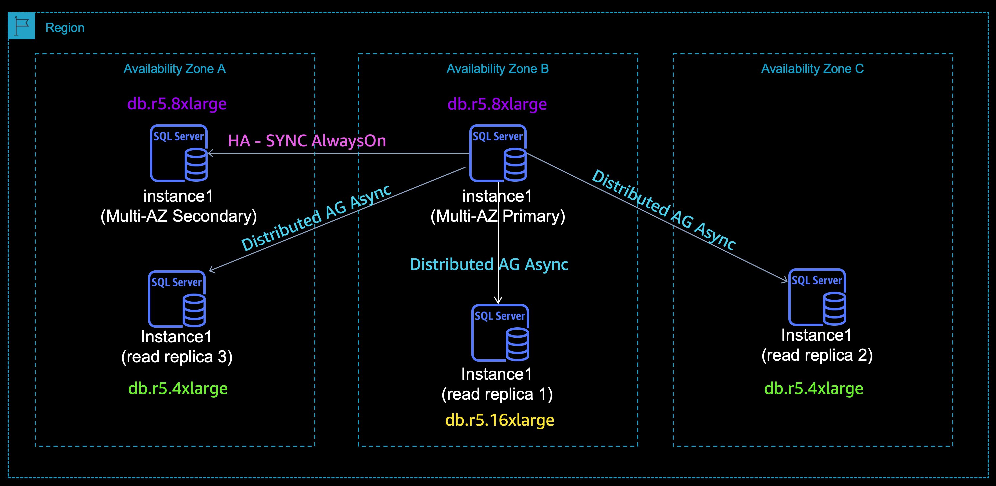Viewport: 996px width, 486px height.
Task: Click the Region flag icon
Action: [21, 26]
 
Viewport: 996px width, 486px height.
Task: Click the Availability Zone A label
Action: [174, 69]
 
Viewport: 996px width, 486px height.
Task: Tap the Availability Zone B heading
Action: [497, 69]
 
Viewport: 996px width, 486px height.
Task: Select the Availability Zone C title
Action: [812, 69]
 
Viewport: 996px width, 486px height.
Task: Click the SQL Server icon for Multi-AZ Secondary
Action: [179, 153]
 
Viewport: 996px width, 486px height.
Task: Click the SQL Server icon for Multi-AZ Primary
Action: [498, 153]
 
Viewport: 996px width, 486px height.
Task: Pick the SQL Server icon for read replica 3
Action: [177, 299]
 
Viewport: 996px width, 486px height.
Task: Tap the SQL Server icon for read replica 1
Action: [500, 333]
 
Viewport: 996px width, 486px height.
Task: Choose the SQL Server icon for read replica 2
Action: [817, 297]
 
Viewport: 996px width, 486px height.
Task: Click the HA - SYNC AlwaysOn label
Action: [307, 141]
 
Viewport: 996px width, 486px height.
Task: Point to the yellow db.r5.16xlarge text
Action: [500, 420]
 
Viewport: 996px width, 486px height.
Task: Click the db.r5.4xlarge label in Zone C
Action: [814, 389]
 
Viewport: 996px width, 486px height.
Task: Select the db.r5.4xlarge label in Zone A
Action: [178, 389]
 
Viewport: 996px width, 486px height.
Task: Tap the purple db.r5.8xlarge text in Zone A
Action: [177, 104]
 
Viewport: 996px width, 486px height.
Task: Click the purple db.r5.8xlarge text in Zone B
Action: [497, 104]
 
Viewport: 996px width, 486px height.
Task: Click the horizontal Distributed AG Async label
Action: [489, 264]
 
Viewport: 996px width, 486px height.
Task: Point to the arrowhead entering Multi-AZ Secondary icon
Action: [210, 153]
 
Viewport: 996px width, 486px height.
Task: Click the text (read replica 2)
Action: [817, 355]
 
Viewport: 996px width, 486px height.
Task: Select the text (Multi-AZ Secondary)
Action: [179, 216]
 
